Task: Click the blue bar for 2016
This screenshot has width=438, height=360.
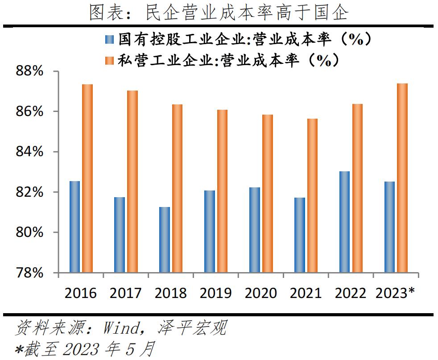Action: (74, 227)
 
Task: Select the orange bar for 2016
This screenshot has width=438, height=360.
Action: (87, 178)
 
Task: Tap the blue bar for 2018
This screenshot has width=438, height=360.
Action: (164, 240)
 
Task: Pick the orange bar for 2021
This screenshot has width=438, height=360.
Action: (313, 195)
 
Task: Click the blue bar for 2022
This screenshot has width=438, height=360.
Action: (344, 222)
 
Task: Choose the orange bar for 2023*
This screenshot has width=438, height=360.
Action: (402, 178)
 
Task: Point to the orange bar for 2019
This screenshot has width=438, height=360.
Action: (222, 191)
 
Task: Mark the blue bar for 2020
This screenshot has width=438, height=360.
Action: (254, 230)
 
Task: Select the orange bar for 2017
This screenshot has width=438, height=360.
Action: (132, 181)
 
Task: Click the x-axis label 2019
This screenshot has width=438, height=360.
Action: (215, 293)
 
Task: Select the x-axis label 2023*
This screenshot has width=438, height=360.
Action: (395, 293)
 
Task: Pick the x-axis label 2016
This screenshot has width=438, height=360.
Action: (80, 293)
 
